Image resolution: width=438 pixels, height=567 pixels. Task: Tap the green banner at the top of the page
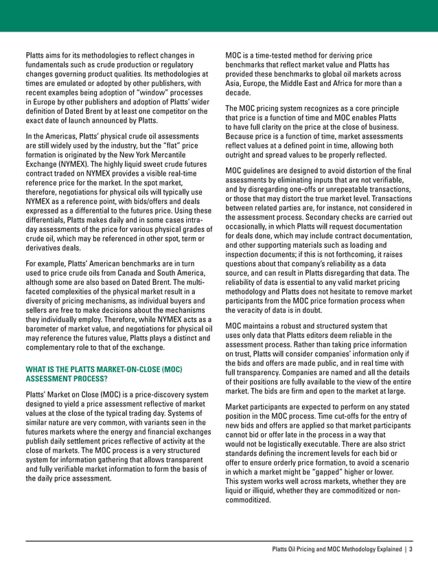[x=219, y=15]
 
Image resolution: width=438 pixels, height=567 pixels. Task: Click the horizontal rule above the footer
[x=219, y=539]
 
